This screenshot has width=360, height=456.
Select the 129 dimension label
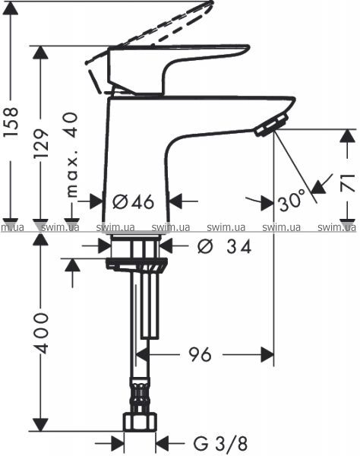tap(41, 144)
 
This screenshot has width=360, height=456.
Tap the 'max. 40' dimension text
tap(71, 155)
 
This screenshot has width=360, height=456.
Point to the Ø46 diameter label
tap(134, 201)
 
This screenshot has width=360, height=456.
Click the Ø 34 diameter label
tap(224, 247)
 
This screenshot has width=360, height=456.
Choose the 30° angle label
tap(292, 201)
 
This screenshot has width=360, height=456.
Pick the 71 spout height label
tap(349, 182)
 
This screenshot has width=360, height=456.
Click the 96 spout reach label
tap(200, 354)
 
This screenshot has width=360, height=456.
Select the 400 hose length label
tap(41, 333)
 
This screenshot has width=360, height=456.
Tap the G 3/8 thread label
tap(220, 444)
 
